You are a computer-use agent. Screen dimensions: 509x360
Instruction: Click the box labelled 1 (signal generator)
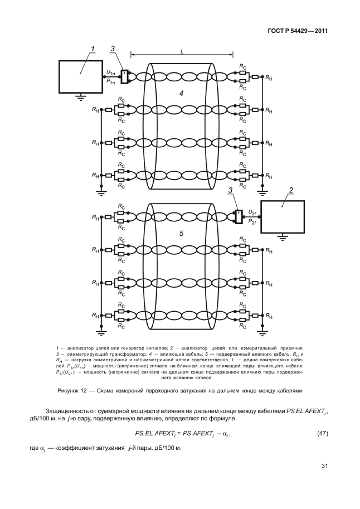80,76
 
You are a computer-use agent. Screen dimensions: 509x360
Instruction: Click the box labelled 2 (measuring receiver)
283,216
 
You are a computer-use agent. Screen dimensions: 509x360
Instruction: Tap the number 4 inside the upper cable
181,93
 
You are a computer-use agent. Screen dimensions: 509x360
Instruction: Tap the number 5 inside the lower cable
181,234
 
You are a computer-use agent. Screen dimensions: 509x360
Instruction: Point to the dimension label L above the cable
182,51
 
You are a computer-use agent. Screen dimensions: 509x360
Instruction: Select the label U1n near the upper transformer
110,72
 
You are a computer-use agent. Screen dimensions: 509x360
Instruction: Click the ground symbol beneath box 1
80,96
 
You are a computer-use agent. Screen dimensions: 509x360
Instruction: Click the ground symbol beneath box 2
283,236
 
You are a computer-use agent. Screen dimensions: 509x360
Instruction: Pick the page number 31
321,466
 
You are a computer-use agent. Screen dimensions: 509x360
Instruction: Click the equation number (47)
322,433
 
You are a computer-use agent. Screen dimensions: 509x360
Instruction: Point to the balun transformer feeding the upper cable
125,76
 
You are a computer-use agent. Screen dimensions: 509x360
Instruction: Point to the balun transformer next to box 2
238,216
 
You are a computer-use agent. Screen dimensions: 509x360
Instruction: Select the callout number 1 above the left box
93,49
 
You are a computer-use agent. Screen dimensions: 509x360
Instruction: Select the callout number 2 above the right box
290,191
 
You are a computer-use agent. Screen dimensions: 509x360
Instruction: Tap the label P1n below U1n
110,81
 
